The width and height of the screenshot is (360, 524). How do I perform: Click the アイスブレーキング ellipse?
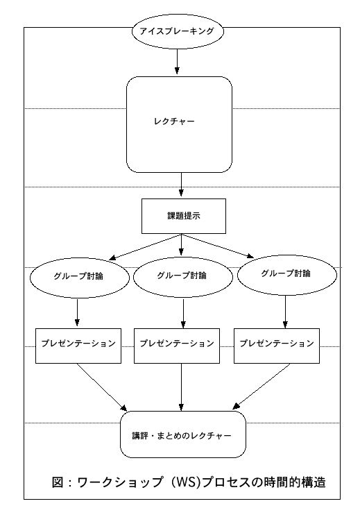coord(178,31)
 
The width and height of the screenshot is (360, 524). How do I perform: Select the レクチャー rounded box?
coord(179,125)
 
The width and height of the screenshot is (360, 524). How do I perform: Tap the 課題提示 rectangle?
coord(184,216)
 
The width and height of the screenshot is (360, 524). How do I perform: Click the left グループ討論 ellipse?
coord(80,278)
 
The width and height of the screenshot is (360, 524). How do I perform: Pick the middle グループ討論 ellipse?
coord(182,277)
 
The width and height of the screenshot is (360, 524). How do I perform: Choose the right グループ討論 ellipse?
coord(286,275)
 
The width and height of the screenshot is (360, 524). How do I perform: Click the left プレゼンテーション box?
coord(78,346)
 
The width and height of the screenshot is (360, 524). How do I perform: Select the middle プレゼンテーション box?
coord(177,346)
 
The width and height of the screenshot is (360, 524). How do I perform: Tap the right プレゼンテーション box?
coord(277,346)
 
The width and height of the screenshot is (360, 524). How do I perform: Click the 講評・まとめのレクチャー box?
coord(183,434)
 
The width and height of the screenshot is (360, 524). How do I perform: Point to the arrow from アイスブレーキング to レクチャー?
coord(177,61)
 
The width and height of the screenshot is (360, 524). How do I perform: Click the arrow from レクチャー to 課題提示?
coord(181,184)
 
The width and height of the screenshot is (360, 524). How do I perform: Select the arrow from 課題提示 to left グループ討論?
coord(145,247)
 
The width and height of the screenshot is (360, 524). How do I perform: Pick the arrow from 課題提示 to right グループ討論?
coord(217,246)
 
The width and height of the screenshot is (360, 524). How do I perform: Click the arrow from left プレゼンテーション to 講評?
coord(102,387)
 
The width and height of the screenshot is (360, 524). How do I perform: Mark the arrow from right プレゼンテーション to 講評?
coord(262,387)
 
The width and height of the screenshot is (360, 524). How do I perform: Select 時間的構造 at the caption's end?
coord(295,482)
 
